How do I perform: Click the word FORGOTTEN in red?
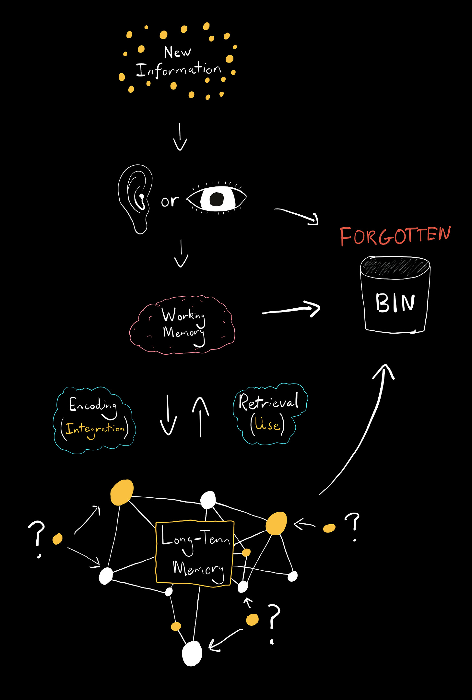pyautogui.click(x=395, y=236)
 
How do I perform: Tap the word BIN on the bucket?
pyautogui.click(x=395, y=303)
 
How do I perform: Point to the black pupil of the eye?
pyautogui.click(x=217, y=198)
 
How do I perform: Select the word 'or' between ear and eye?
pyautogui.click(x=170, y=201)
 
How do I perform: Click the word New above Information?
pyautogui.click(x=177, y=52)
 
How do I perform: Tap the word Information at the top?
pyautogui.click(x=178, y=70)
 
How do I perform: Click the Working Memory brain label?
pyautogui.click(x=183, y=324)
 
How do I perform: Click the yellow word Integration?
pyautogui.click(x=95, y=429)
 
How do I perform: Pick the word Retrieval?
pyautogui.click(x=268, y=402)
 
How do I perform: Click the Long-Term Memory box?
pyautogui.click(x=195, y=553)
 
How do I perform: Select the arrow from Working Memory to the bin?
pyautogui.click(x=291, y=310)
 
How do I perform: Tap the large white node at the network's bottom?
pyautogui.click(x=192, y=653)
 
